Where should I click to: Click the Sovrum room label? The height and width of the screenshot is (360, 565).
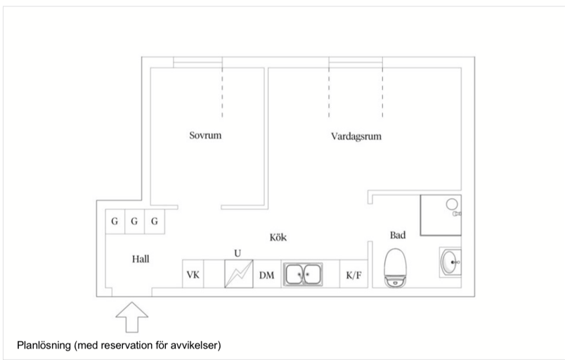pos(205,136)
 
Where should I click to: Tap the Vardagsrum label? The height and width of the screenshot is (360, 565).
pos(356,136)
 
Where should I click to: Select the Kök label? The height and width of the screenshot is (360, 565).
pos(278,237)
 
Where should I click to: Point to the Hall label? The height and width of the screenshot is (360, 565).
pos(141,259)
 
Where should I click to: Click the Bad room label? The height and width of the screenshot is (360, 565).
pos(398,235)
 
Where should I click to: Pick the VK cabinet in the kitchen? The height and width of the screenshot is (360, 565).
pos(193,274)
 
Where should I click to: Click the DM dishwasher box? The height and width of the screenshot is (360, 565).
pos(267,274)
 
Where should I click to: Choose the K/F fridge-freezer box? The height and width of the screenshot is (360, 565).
pos(353,274)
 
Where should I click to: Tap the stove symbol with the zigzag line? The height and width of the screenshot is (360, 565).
pos(238,274)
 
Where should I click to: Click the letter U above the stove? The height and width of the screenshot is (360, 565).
pos(238,253)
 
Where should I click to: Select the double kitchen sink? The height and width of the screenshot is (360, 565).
pos(303,274)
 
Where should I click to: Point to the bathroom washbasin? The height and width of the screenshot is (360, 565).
pos(450,262)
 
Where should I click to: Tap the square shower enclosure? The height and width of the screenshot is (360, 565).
pos(441,215)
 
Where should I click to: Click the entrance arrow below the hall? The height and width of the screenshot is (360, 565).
pos(132,317)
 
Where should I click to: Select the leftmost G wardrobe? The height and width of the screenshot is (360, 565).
pos(115,221)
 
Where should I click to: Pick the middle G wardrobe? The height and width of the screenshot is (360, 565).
pos(134,221)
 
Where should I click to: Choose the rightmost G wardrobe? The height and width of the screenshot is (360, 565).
pos(155,221)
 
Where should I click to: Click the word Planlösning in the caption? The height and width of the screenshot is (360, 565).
pos(44,345)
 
